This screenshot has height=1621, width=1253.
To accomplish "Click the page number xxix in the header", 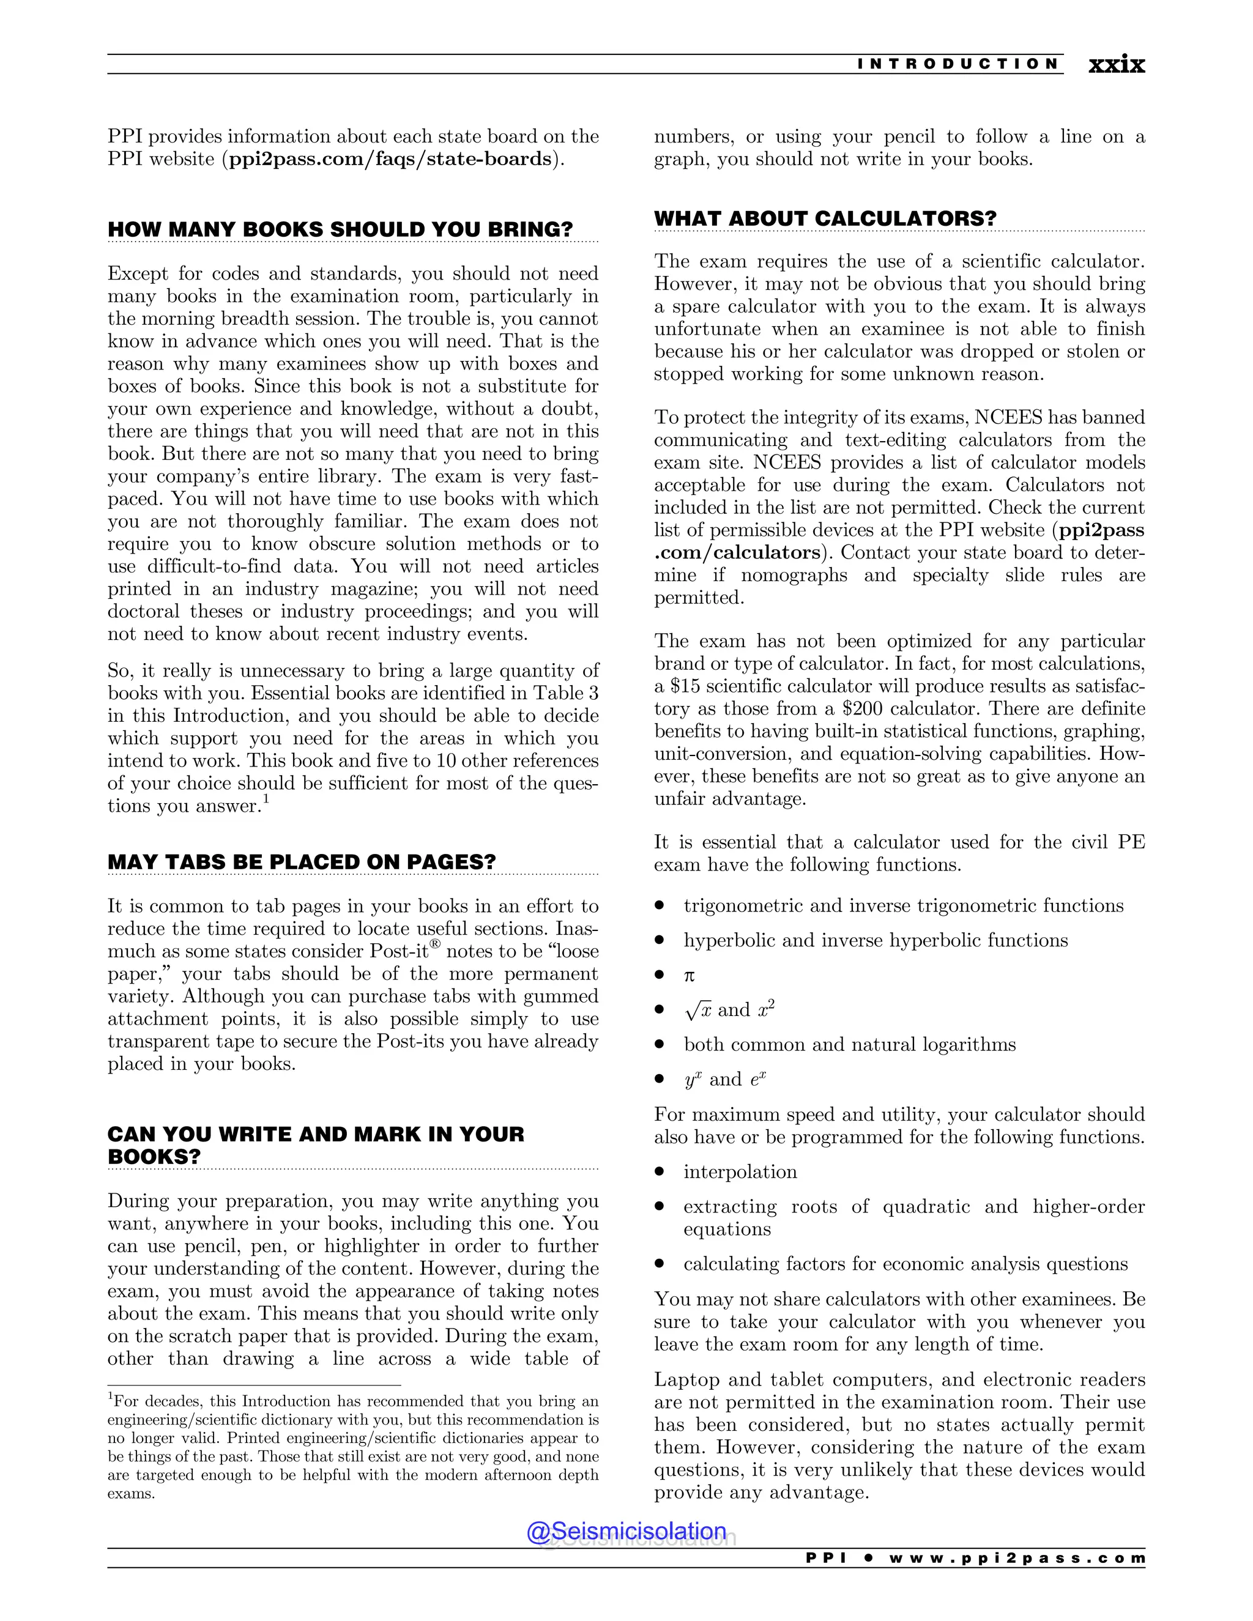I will click(1116, 65).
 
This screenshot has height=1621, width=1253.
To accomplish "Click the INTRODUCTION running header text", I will click(957, 64).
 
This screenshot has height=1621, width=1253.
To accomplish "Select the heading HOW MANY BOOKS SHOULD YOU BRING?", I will click(340, 229).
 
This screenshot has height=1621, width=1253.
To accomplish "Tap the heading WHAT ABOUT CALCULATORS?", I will click(825, 218).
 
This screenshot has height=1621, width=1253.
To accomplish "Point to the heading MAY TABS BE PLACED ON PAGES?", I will click(302, 862).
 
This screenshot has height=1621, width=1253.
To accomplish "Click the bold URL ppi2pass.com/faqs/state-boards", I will click(390, 159).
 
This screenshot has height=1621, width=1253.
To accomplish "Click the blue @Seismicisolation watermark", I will click(626, 1530).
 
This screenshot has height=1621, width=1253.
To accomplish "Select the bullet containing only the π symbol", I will click(689, 975).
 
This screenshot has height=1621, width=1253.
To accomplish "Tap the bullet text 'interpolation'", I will click(740, 1171).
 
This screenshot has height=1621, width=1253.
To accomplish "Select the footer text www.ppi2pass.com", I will click(1017, 1558).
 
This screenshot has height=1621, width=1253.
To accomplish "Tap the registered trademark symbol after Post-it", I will click(436, 944).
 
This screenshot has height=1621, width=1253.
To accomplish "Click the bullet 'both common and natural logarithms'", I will click(849, 1044).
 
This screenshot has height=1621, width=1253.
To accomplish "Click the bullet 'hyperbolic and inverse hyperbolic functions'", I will click(875, 940).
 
